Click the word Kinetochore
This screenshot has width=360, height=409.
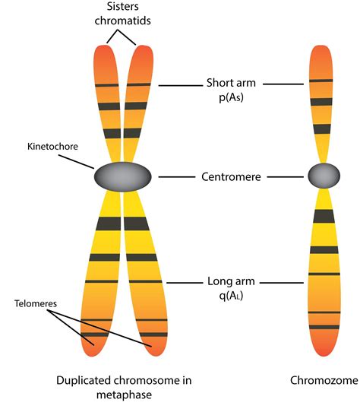pyautogui.click(x=48, y=144)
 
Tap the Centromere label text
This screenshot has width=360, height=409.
pyautogui.click(x=232, y=177)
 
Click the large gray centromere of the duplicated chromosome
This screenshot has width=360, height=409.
pyautogui.click(x=122, y=177)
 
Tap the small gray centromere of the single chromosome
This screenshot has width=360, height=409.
pyautogui.click(x=323, y=176)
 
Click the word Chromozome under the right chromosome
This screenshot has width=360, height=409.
pyautogui.click(x=322, y=379)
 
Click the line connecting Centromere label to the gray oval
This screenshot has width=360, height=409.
pyautogui.click(x=175, y=177)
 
